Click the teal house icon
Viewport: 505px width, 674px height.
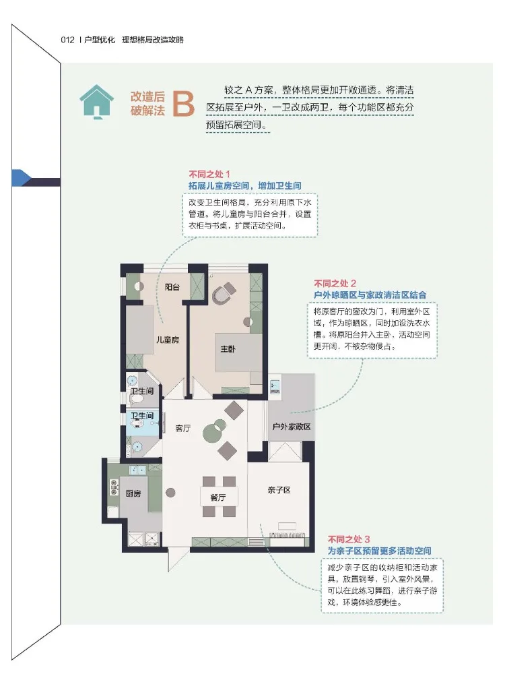[x=96, y=102]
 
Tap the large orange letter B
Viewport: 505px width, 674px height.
[x=183, y=104]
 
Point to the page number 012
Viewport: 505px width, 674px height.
[x=67, y=40]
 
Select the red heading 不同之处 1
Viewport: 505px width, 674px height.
[x=209, y=174]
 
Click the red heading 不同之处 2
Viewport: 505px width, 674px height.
[x=335, y=283]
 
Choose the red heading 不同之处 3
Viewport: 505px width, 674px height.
[x=349, y=539]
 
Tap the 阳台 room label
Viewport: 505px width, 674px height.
[x=172, y=287]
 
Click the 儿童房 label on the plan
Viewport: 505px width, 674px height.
[x=168, y=340]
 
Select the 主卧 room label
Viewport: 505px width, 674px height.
[x=228, y=349]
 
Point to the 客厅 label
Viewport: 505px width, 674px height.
[x=183, y=428]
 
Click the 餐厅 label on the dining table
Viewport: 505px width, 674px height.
[x=217, y=497]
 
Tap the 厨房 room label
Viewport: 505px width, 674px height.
[x=133, y=493]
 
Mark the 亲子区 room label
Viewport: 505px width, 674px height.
[x=279, y=490]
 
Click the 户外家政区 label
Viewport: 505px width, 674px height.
[x=292, y=427]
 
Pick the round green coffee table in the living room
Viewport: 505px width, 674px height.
[x=214, y=430]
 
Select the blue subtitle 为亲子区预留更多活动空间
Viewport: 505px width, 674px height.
[x=380, y=551]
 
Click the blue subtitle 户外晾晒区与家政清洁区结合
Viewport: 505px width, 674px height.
[x=370, y=295]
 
